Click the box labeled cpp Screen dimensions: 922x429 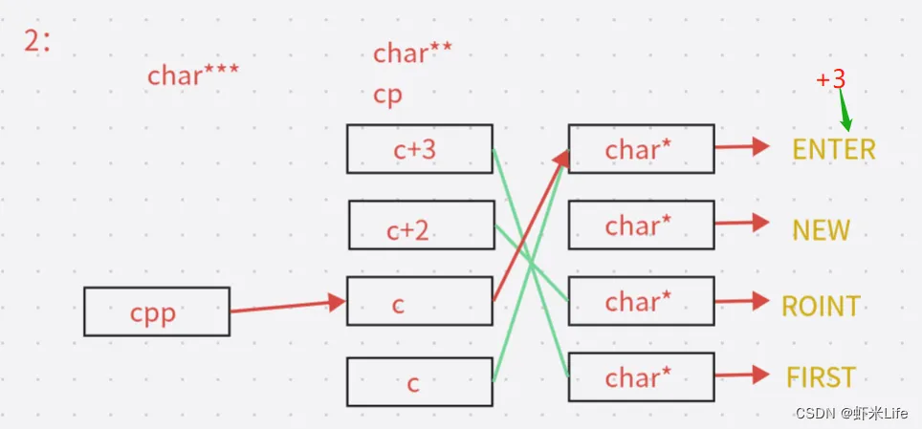pos(156,311)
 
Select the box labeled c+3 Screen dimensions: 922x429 pos(419,149)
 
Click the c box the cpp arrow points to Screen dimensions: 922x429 pos(419,302)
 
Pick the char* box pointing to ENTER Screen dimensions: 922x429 pos(641,149)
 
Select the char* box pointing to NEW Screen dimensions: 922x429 pos(641,225)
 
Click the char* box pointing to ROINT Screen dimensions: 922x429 pos(641,302)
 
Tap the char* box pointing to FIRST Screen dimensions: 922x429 pos(641,377)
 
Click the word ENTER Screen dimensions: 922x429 pos(833,149)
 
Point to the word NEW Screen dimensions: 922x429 pos(821,229)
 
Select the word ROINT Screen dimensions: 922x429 pos(821,306)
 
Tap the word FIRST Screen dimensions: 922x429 pos(821,377)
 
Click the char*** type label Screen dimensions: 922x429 pos(193,75)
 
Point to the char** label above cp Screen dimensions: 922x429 pos(413,54)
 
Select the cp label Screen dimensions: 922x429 pos(387,96)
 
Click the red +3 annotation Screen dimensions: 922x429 pos(831,79)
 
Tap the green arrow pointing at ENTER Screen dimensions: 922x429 pos(845,113)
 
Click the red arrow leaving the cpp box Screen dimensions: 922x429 pos(287,306)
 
